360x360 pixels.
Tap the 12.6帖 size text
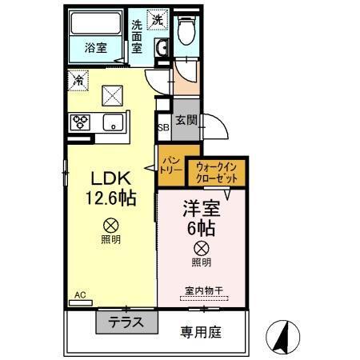(110, 198)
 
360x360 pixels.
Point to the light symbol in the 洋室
(202, 249)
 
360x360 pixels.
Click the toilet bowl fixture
(186, 32)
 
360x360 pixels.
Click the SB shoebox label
(162, 128)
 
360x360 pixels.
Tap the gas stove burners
(80, 122)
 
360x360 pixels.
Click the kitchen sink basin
(112, 122)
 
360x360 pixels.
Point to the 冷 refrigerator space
(78, 80)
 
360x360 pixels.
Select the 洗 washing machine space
(158, 19)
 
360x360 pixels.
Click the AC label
(80, 295)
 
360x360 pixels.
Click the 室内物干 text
(202, 292)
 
